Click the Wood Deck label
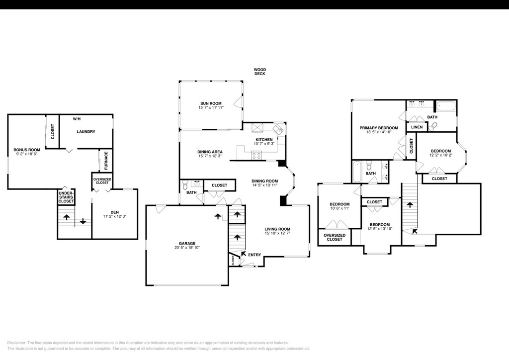click(259, 72)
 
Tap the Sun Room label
click(211, 103)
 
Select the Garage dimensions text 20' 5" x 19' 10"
click(187, 248)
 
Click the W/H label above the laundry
click(77, 119)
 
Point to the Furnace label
click(106, 161)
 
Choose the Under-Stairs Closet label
click(66, 197)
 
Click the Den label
click(115, 212)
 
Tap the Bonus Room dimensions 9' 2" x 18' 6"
click(27, 154)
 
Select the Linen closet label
click(417, 127)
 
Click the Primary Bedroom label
click(378, 128)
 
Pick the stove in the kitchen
click(256, 156)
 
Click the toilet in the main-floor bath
click(185, 184)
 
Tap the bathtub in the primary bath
click(446, 106)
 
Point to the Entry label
click(254, 255)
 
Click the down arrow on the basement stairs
click(83, 221)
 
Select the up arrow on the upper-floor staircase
click(410, 205)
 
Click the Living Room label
click(277, 229)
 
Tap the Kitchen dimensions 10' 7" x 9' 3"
click(264, 144)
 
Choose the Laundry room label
click(86, 131)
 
